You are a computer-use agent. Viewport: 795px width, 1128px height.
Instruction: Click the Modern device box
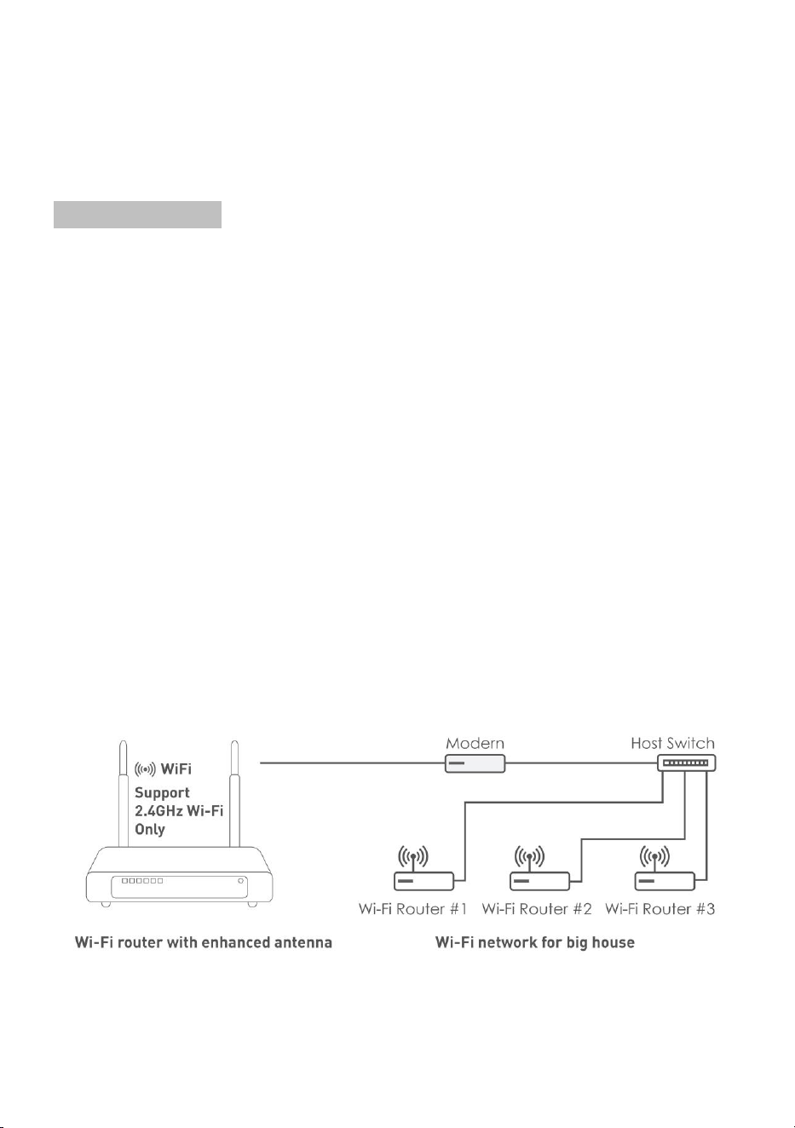[475, 763]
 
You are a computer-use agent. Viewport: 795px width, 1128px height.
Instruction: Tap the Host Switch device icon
[686, 763]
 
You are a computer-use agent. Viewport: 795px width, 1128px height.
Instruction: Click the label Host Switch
[672, 743]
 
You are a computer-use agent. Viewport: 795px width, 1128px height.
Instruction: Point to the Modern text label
[475, 743]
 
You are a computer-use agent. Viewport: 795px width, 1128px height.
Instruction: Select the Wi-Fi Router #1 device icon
[423, 881]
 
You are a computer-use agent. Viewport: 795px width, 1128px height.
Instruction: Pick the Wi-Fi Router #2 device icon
[539, 881]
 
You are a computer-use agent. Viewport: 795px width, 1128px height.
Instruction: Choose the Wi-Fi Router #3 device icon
[665, 881]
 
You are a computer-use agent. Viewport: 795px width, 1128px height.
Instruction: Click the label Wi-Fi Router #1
[412, 909]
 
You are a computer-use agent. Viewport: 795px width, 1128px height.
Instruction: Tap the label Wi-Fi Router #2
[537, 909]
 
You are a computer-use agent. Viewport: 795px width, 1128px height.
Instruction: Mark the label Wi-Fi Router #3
[660, 909]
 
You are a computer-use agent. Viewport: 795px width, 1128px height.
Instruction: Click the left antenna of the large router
[124, 794]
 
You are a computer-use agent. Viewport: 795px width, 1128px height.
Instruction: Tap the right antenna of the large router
[234, 794]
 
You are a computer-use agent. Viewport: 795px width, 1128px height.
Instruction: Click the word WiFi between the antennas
[176, 769]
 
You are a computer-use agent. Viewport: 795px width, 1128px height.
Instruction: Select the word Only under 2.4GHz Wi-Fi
[150, 829]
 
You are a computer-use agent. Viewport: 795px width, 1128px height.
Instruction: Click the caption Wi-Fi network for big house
[535, 942]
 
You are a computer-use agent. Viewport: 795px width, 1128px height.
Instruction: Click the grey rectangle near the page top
[137, 215]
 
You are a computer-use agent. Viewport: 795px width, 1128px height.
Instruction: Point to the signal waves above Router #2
[529, 856]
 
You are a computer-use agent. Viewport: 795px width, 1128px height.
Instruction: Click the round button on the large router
[241, 881]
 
